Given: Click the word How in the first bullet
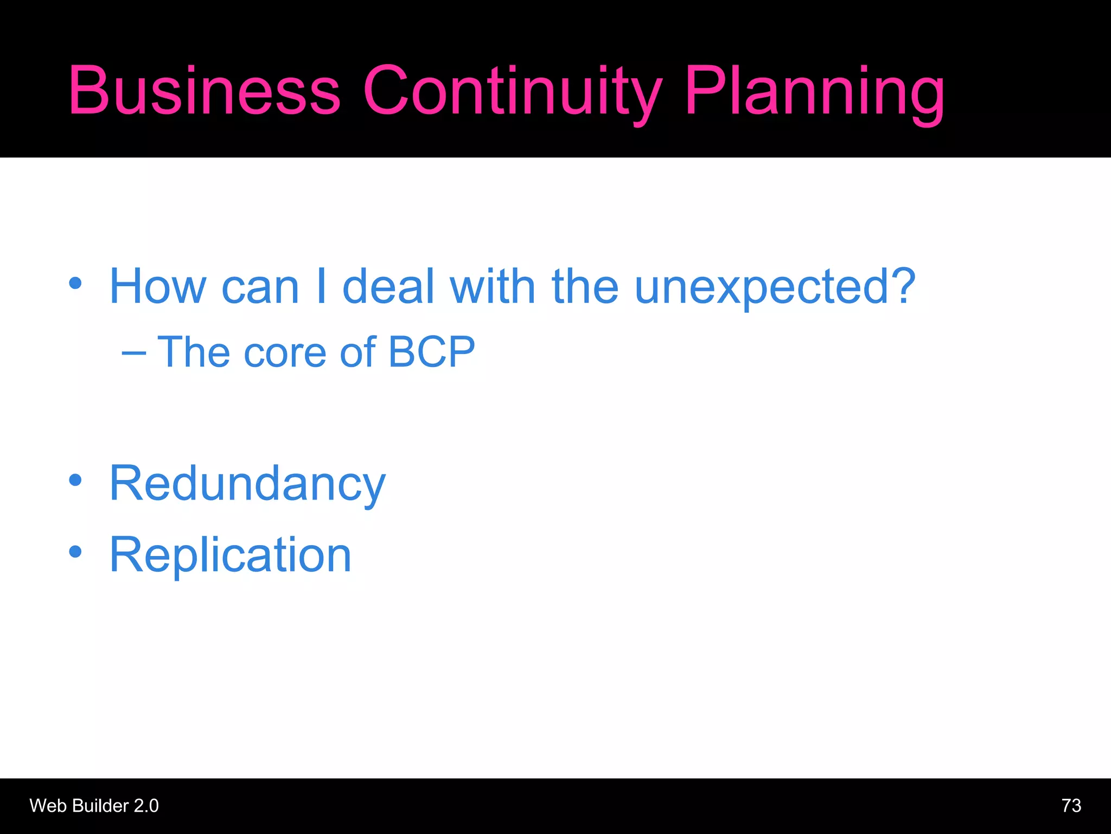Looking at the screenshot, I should point(158,286).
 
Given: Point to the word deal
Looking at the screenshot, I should point(388,286).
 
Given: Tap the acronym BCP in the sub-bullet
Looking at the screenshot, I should point(432,352).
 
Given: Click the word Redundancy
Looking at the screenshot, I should point(247,483).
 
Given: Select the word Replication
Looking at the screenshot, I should point(231,554).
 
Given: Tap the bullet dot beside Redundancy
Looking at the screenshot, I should point(75,480).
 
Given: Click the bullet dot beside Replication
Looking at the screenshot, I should point(75,552).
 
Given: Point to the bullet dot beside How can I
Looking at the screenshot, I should point(75,283).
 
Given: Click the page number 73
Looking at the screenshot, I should point(1071,806).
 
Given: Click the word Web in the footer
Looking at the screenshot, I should point(49,806).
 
